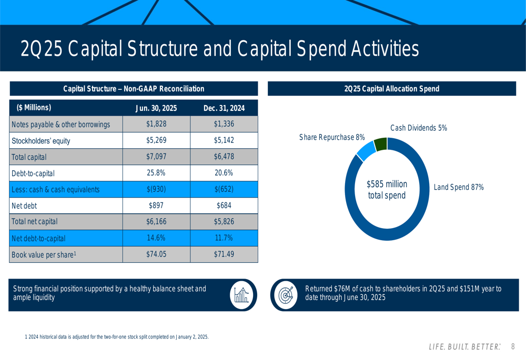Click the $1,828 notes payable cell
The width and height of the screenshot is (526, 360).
click(x=156, y=125)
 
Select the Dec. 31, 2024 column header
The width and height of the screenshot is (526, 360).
click(x=224, y=108)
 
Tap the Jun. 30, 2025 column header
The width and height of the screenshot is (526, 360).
click(x=156, y=108)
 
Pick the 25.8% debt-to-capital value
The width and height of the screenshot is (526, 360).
click(x=156, y=173)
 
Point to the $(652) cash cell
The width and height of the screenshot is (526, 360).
click(x=224, y=189)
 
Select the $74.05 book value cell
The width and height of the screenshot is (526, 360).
click(x=156, y=254)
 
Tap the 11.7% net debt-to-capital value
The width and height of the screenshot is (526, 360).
click(x=224, y=238)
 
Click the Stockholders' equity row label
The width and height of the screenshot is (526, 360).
click(x=41, y=141)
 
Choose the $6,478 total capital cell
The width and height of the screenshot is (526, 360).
click(x=224, y=157)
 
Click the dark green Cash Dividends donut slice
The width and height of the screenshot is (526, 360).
click(x=380, y=145)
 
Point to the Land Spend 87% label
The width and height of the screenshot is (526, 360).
click(x=458, y=187)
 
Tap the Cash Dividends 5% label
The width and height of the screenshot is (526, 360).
click(x=418, y=128)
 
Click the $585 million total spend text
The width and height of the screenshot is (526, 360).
click(x=387, y=190)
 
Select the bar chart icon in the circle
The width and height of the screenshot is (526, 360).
click(x=241, y=295)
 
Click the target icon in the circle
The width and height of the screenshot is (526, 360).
click(x=286, y=295)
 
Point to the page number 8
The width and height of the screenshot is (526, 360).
click(x=513, y=347)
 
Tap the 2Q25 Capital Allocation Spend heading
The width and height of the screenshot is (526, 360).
click(x=391, y=89)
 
